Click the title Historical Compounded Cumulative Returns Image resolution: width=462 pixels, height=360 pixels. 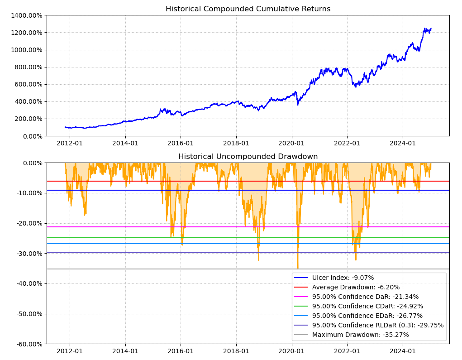tap(248, 9)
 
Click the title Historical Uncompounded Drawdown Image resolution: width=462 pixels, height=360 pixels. tap(248, 157)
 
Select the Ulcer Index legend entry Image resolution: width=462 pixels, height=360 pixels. tap(343, 278)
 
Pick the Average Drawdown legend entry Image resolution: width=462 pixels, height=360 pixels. tap(356, 287)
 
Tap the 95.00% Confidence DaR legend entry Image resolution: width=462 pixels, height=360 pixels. tap(365, 297)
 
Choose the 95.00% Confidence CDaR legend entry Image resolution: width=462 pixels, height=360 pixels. tap(367, 306)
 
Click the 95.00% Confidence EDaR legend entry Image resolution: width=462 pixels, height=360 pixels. tap(367, 316)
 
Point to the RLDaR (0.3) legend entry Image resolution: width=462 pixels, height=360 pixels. tap(377, 325)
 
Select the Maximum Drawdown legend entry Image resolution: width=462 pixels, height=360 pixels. tap(360, 335)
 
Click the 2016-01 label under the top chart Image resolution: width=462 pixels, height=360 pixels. tap(181, 144)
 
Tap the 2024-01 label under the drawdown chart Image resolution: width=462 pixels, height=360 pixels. tap(402, 351)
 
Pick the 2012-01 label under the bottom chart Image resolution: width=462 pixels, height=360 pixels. tap(70, 351)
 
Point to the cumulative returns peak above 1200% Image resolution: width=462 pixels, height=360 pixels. tap(425, 29)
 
